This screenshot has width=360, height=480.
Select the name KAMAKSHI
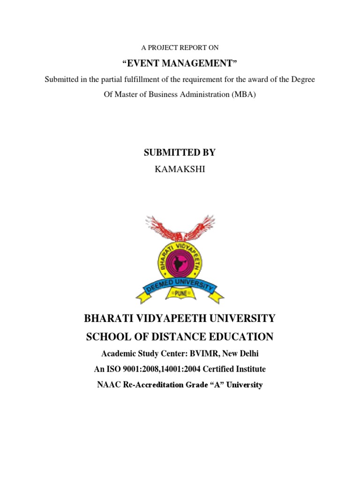coord(180,169)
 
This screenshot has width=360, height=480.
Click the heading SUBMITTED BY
coord(180,152)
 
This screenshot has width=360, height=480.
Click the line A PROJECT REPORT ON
coord(180,47)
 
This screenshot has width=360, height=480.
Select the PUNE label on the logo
coord(180,293)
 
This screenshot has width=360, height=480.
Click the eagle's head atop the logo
coord(180,231)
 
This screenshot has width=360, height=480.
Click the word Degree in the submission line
coord(304,79)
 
